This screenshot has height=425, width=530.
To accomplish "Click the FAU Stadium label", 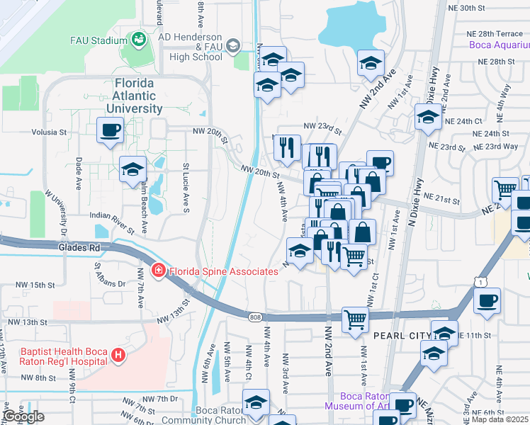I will (x=98, y=40).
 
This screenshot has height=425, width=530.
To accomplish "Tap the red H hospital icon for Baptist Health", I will (x=119, y=356).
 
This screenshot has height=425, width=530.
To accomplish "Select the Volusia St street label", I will (x=48, y=132).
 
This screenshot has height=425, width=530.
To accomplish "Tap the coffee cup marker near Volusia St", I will (x=111, y=130).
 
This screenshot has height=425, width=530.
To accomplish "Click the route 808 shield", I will (x=255, y=317).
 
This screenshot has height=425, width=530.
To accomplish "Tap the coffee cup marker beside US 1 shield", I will (x=487, y=300).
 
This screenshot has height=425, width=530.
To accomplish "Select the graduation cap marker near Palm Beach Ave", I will (x=132, y=169).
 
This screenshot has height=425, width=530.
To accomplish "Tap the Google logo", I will (x=23, y=416).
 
